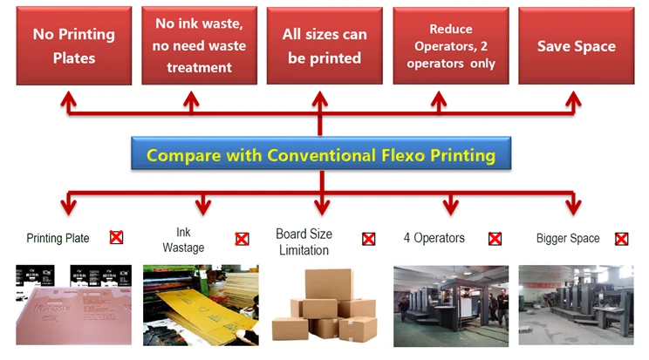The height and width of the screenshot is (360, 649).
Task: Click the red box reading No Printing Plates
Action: pyautogui.click(x=74, y=45)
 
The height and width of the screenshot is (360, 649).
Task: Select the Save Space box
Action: pyautogui.click(x=576, y=45)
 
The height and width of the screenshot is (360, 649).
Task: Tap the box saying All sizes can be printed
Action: pyautogui.click(x=324, y=45)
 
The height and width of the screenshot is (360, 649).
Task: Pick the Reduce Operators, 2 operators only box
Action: pyautogui.click(x=451, y=45)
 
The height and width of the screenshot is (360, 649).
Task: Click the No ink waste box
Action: pyautogui.click(x=199, y=45)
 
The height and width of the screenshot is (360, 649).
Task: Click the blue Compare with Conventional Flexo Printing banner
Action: pyautogui.click(x=321, y=153)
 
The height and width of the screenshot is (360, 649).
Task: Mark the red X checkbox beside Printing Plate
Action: pyautogui.click(x=116, y=237)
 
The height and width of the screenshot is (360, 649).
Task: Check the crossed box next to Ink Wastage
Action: pyautogui.click(x=243, y=239)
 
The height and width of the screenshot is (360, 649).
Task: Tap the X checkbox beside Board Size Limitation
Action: pyautogui.click(x=369, y=239)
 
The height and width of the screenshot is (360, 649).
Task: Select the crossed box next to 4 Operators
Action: pyautogui.click(x=495, y=239)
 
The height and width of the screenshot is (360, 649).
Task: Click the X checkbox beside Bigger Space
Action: pyautogui.click(x=621, y=239)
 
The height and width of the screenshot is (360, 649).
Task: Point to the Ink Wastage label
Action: pyautogui.click(x=183, y=240)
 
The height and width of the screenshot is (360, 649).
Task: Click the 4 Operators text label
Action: pyautogui.click(x=434, y=238)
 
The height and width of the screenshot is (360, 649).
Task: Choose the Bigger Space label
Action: pyautogui.click(x=568, y=238)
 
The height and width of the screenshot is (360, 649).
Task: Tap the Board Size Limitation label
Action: pyautogui.click(x=304, y=241)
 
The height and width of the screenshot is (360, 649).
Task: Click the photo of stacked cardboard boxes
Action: pyautogui.click(x=324, y=305)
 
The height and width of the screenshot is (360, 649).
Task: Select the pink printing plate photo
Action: pyautogui.click(x=73, y=305)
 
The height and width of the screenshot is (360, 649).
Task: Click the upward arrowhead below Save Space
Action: pyautogui.click(x=573, y=99)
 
